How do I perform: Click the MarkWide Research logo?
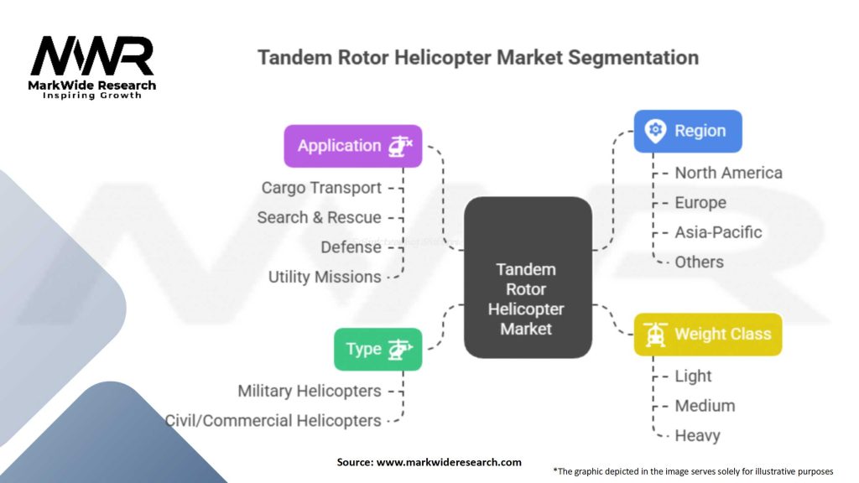point(92,66)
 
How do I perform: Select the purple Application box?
point(352,146)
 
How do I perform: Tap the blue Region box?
point(687,131)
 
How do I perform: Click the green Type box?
point(377,349)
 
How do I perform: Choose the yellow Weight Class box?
point(707,334)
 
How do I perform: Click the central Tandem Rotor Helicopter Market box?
point(527,299)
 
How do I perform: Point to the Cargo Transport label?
point(321,188)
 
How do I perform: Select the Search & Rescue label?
point(319,217)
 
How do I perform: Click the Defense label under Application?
point(351,247)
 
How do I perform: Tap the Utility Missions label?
point(325,277)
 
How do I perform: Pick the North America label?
point(728,173)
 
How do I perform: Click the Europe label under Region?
point(700,202)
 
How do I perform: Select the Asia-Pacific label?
point(718,232)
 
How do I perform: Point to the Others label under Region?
point(699,262)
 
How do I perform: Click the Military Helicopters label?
point(309,391)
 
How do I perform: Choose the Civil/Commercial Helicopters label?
point(273,420)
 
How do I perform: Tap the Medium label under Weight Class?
point(705,406)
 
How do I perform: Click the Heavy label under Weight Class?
point(697,435)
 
